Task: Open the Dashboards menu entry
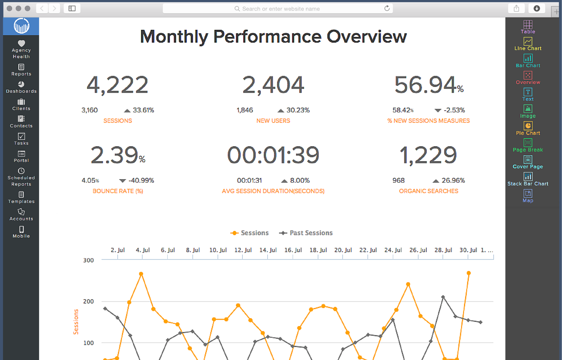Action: coord(21,87)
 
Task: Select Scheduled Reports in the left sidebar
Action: coord(21,177)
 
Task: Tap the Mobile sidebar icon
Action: coord(21,232)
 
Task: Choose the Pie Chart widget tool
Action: coord(528,128)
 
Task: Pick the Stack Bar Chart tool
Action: coord(528,179)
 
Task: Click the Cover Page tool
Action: coord(528,162)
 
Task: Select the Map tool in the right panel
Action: coord(528,196)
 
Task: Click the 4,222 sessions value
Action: coord(117,85)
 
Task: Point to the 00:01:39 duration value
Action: coord(273,155)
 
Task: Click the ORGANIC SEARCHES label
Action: coord(428,191)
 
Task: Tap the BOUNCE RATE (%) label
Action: coord(118,191)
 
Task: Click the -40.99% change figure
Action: coord(141,181)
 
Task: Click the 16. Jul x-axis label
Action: coord(293,250)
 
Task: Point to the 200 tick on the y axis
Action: coord(88,301)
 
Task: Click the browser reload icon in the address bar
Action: coord(387,8)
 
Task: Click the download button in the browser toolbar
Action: coord(537,8)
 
